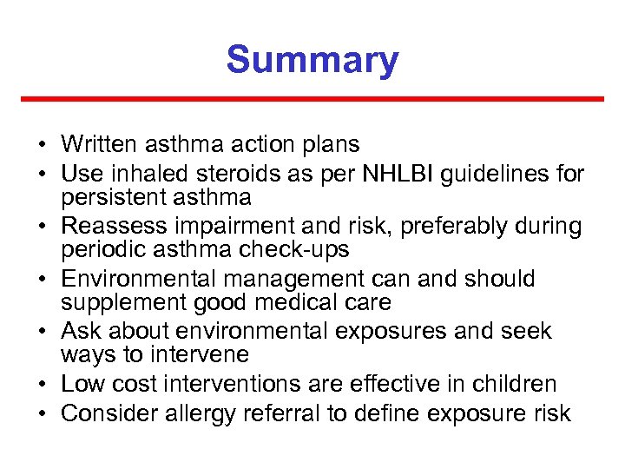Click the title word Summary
click(x=312, y=61)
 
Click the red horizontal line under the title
click(x=312, y=99)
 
